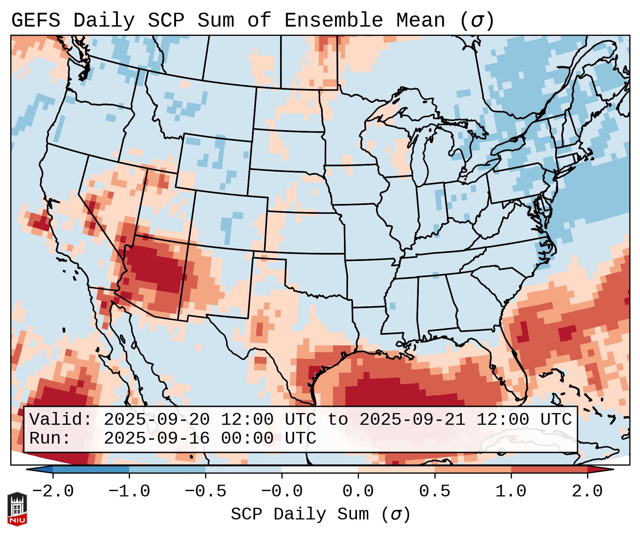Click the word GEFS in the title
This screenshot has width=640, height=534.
pos(35,21)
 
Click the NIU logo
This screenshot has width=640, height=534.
pos(17,508)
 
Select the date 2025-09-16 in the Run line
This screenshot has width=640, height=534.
pos(157,438)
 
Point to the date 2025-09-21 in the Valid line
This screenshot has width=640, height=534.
pos(412,420)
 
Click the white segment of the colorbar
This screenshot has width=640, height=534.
pos(320,469)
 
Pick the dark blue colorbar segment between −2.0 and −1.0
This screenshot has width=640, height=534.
pos(91,469)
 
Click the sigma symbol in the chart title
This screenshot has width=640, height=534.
pos(477,21)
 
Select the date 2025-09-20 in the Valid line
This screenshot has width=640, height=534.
pos(157,420)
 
